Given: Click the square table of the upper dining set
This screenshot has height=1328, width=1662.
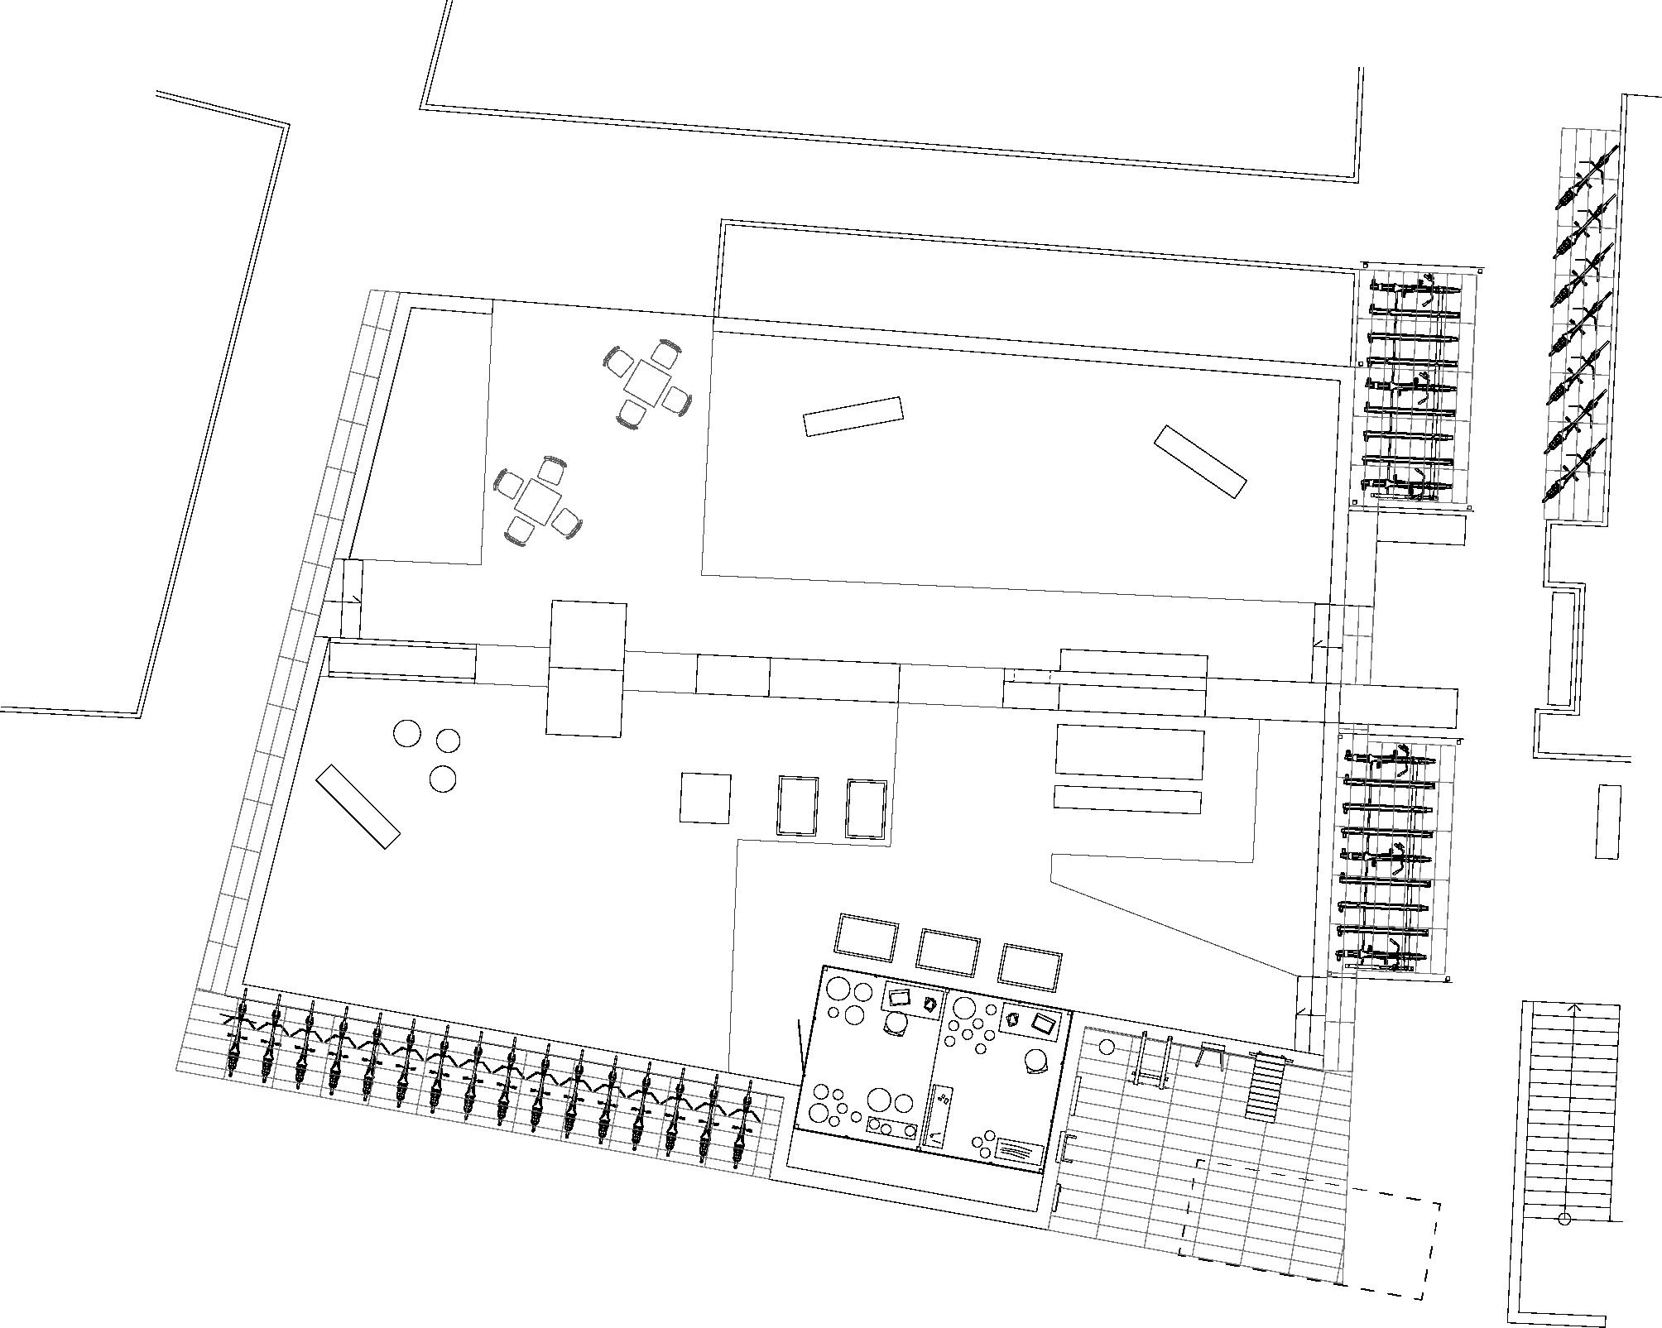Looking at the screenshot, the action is [x=646, y=382].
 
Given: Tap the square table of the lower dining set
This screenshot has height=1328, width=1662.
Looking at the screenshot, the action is [x=536, y=499].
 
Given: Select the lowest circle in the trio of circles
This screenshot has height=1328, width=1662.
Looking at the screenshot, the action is [x=443, y=779].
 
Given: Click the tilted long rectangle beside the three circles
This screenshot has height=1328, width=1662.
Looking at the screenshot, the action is [x=358, y=806].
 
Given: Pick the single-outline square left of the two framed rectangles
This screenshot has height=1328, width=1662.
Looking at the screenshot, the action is [x=705, y=798].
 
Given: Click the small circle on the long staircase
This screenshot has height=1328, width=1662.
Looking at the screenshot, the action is [x=1564, y=1219].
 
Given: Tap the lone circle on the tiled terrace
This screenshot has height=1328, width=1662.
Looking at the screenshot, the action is [x=1107, y=1047].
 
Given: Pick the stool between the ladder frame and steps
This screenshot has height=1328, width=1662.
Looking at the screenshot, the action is [x=1211, y=1055].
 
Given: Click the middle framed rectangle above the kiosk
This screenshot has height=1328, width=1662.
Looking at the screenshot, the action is [x=948, y=951].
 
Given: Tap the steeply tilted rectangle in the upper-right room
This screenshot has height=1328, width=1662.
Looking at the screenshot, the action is [x=1199, y=462].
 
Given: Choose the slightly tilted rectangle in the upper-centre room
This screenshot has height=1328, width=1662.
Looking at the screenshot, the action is [x=853, y=416].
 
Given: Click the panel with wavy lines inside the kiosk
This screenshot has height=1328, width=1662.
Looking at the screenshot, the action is [x=1018, y=1150].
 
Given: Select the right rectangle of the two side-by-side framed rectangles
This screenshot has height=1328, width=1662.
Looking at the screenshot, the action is [x=867, y=808].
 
